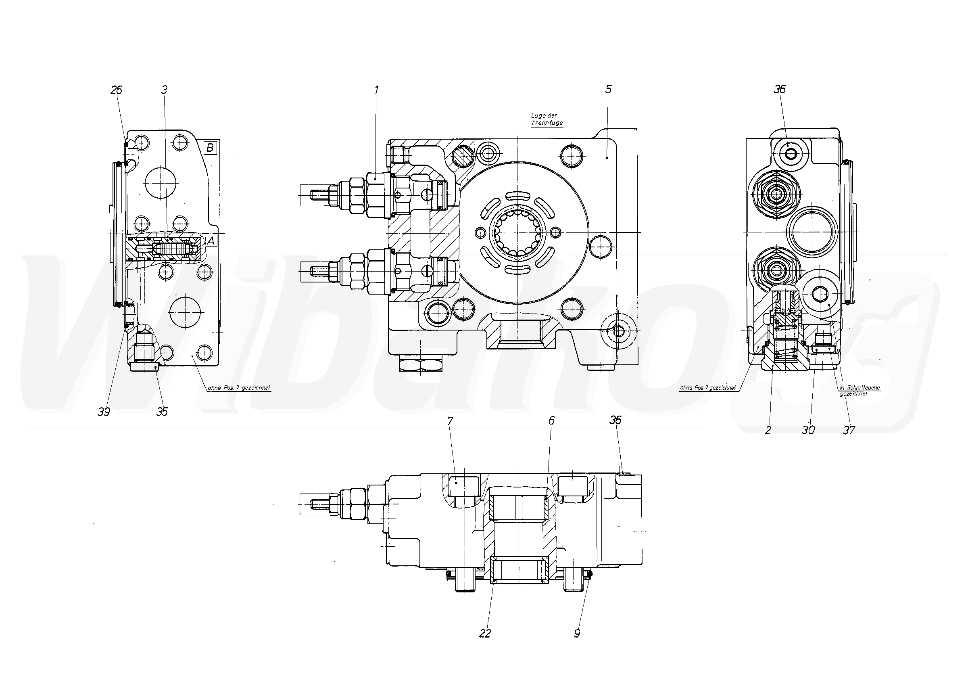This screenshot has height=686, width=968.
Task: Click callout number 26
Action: click(x=116, y=90)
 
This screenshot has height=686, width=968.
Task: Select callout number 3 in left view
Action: click(x=164, y=90)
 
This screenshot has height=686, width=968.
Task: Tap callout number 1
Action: click(x=376, y=90)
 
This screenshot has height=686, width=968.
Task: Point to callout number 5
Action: click(x=608, y=89)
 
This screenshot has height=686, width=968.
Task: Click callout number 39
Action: click(x=103, y=412)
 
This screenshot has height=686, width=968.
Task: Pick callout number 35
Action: click(x=162, y=412)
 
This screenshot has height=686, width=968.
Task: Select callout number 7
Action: click(x=450, y=421)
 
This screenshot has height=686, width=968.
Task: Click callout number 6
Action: click(x=551, y=420)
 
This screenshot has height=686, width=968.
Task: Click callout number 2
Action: click(x=768, y=430)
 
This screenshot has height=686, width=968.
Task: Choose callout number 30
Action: click(x=808, y=430)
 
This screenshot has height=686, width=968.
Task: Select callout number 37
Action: click(x=849, y=430)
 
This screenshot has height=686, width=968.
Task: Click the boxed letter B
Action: click(x=210, y=148)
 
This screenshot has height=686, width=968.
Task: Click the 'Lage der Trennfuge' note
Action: click(x=547, y=119)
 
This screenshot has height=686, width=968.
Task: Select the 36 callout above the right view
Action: click(x=780, y=89)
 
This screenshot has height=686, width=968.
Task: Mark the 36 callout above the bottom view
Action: click(x=615, y=420)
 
